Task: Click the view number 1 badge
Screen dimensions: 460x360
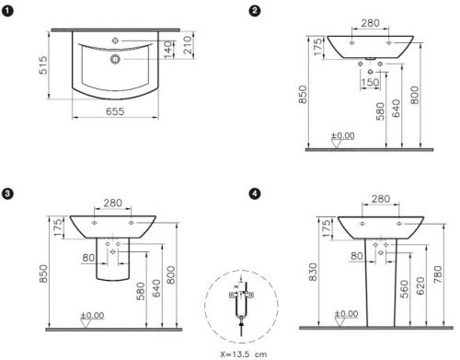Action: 7,11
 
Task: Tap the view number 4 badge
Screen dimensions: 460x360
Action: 255,193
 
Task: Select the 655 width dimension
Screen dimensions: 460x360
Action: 115,111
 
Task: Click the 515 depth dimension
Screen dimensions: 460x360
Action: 43,65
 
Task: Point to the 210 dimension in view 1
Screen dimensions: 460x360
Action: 188,45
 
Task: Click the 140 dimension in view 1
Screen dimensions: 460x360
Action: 167,50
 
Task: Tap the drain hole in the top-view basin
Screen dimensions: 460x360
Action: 115,59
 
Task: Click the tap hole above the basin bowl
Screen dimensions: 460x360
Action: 115,41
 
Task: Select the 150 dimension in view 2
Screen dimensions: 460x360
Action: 370,82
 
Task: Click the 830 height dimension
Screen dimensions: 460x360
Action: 314,272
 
